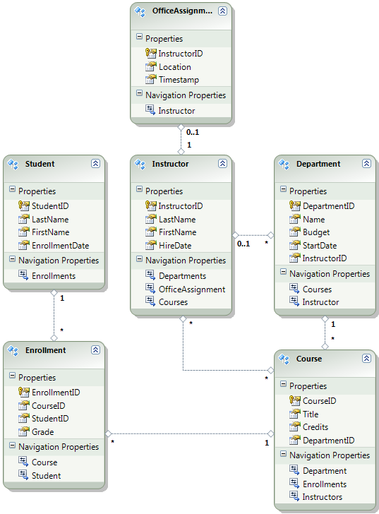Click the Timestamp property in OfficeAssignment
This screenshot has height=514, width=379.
[179, 80]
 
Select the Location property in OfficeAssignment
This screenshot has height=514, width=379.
[174, 67]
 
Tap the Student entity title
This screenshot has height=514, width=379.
[40, 164]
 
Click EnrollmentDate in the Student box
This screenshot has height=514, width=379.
[60, 245]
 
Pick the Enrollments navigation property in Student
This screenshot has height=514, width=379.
[53, 275]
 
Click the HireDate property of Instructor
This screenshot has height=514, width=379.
[174, 245]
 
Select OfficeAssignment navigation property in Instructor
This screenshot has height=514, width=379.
[191, 289]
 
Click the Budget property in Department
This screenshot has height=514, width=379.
[316, 232]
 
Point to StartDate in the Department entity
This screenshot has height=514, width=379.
[320, 245]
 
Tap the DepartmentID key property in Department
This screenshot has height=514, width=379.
[328, 206]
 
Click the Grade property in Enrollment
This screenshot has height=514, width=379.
[42, 431]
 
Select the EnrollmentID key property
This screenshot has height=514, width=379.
[55, 392]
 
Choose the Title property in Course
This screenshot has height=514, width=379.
[311, 414]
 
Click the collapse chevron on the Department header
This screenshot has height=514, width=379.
[366, 163]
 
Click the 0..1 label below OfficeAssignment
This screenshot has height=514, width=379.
[191, 131]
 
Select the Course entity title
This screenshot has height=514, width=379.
[309, 359]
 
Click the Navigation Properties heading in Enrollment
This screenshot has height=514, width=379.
[59, 446]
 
